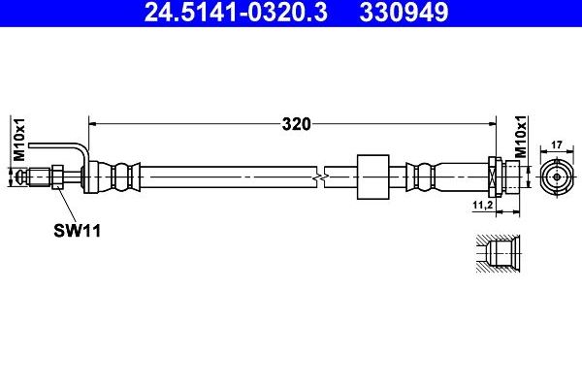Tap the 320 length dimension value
[296, 123]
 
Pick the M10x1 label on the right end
[521, 139]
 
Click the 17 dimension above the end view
[556, 145]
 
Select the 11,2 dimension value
[483, 206]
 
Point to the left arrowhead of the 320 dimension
[94, 123]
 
